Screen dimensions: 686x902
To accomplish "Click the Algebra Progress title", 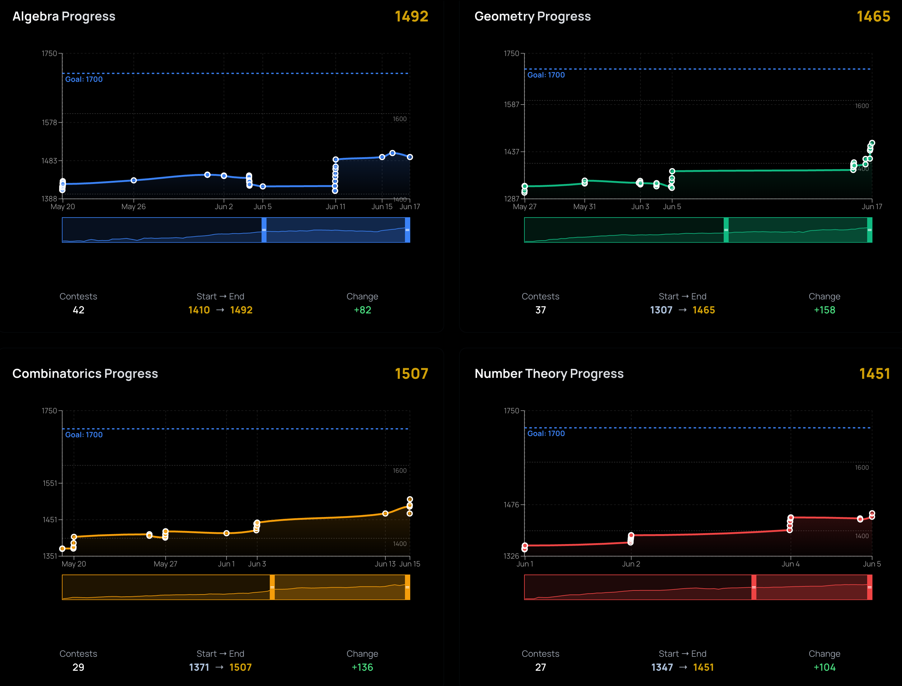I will [64, 16].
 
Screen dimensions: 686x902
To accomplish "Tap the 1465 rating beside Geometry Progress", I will [873, 16].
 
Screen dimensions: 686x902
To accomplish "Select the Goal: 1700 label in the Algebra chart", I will [84, 79].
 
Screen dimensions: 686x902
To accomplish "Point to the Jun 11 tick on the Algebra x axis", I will [335, 207].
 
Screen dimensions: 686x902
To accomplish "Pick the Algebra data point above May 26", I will [134, 180].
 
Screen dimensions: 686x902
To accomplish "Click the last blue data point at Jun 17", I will [410, 157].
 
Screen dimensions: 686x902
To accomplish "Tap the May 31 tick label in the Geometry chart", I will [584, 207].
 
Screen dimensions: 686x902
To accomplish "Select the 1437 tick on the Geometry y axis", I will [511, 152].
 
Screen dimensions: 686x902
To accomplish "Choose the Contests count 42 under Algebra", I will [78, 310].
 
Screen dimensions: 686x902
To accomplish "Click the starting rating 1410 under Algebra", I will [199, 310].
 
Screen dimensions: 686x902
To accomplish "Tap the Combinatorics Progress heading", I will [85, 374].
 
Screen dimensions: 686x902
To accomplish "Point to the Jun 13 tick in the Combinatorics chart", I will [385, 564].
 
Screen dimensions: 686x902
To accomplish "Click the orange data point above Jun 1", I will [226, 533].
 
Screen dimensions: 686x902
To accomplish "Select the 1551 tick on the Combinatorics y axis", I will [50, 483].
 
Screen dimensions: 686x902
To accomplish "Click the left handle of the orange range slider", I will [272, 587].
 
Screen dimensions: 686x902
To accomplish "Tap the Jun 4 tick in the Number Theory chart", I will [790, 564].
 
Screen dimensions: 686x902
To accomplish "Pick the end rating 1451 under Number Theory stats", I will [703, 667].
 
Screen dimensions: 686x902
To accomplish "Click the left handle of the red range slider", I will [753, 587].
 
